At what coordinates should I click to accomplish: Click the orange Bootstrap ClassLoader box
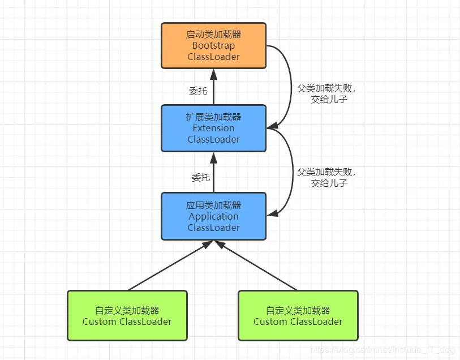pyautogui.click(x=213, y=46)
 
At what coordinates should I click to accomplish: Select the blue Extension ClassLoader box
pyautogui.click(x=213, y=128)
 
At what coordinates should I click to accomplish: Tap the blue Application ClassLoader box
pyautogui.click(x=213, y=216)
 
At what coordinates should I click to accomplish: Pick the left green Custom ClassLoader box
pyautogui.click(x=127, y=316)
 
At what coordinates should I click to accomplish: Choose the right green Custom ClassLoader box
pyautogui.click(x=298, y=316)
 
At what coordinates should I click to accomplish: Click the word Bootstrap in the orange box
pyautogui.click(x=213, y=46)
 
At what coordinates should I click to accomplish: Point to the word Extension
pyautogui.click(x=213, y=128)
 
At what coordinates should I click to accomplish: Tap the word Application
pyautogui.click(x=213, y=216)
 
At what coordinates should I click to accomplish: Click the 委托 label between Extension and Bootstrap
pyautogui.click(x=197, y=91)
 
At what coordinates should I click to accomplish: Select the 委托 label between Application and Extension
pyautogui.click(x=200, y=178)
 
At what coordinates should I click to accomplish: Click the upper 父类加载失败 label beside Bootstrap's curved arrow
pyautogui.click(x=328, y=89)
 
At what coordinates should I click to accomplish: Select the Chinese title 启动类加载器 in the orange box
pyautogui.click(x=213, y=35)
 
